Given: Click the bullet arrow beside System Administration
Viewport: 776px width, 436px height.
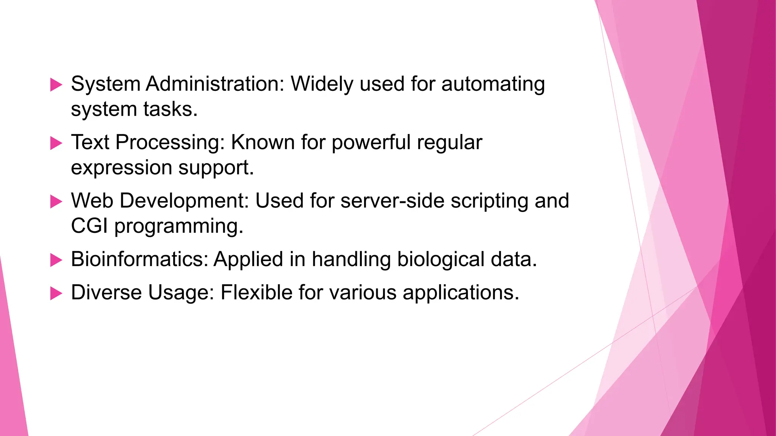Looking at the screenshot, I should pyautogui.click(x=56, y=85).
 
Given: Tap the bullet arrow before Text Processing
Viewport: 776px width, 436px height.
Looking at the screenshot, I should pyautogui.click(x=56, y=143).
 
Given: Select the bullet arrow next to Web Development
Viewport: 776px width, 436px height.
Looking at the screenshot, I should pyautogui.click(x=56, y=202).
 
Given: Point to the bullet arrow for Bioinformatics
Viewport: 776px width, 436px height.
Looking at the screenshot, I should pyautogui.click(x=56, y=260).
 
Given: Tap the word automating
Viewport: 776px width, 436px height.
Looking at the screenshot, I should pyautogui.click(x=493, y=84).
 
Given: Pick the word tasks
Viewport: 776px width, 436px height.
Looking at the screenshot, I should pyautogui.click(x=170, y=109).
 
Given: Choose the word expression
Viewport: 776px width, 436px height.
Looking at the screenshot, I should pyautogui.click(x=121, y=168).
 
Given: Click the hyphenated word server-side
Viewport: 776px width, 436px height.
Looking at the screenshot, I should pyautogui.click(x=392, y=201).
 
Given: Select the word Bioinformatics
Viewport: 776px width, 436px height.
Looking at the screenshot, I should pyautogui.click(x=139, y=259).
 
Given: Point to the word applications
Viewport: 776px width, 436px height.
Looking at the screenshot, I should pyautogui.click(x=460, y=293).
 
